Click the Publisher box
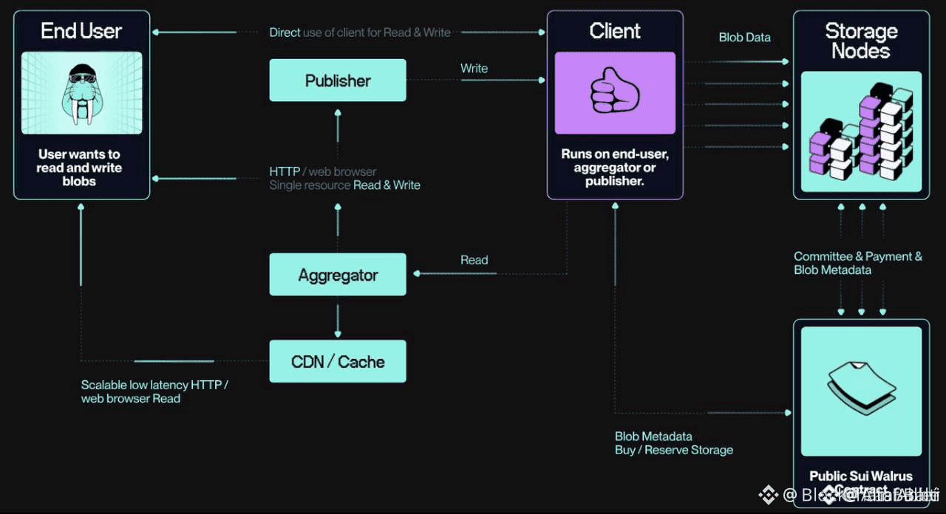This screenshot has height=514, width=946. coord(338,80)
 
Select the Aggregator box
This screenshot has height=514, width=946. coord(338,275)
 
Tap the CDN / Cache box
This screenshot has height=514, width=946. coord(338,361)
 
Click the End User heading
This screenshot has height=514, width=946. coord(81,31)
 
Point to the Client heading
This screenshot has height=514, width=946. coord(615,31)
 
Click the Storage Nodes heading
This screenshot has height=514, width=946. coord(861,41)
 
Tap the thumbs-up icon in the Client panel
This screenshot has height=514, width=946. coord(615,92)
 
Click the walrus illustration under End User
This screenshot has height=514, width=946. coord(81,92)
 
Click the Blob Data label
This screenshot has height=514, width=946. coord(744,38)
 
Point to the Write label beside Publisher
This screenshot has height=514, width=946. coord(474,69)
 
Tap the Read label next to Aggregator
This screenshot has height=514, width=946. coord(474,260)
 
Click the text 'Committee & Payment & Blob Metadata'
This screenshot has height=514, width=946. coord(857,263)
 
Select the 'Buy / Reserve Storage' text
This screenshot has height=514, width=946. coord(674,450)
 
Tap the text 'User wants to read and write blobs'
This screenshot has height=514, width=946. coord(79,168)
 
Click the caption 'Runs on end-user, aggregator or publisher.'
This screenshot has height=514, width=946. coord(614,168)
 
